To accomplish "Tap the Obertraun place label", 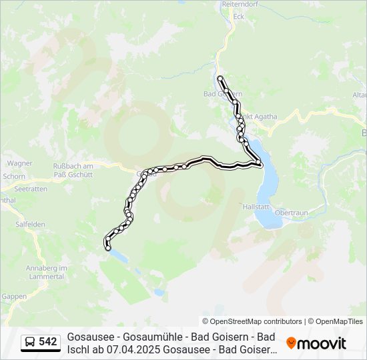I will [290, 212].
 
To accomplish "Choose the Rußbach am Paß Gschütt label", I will [77, 169].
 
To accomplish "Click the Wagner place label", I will [19, 163].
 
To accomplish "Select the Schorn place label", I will [13, 177].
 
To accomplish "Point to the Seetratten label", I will [31, 189].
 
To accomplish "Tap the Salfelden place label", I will [31, 225].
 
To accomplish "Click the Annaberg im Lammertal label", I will [47, 272].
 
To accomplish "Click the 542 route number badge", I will [48, 342].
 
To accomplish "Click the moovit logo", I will [316, 343].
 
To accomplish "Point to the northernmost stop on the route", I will [220, 79].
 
